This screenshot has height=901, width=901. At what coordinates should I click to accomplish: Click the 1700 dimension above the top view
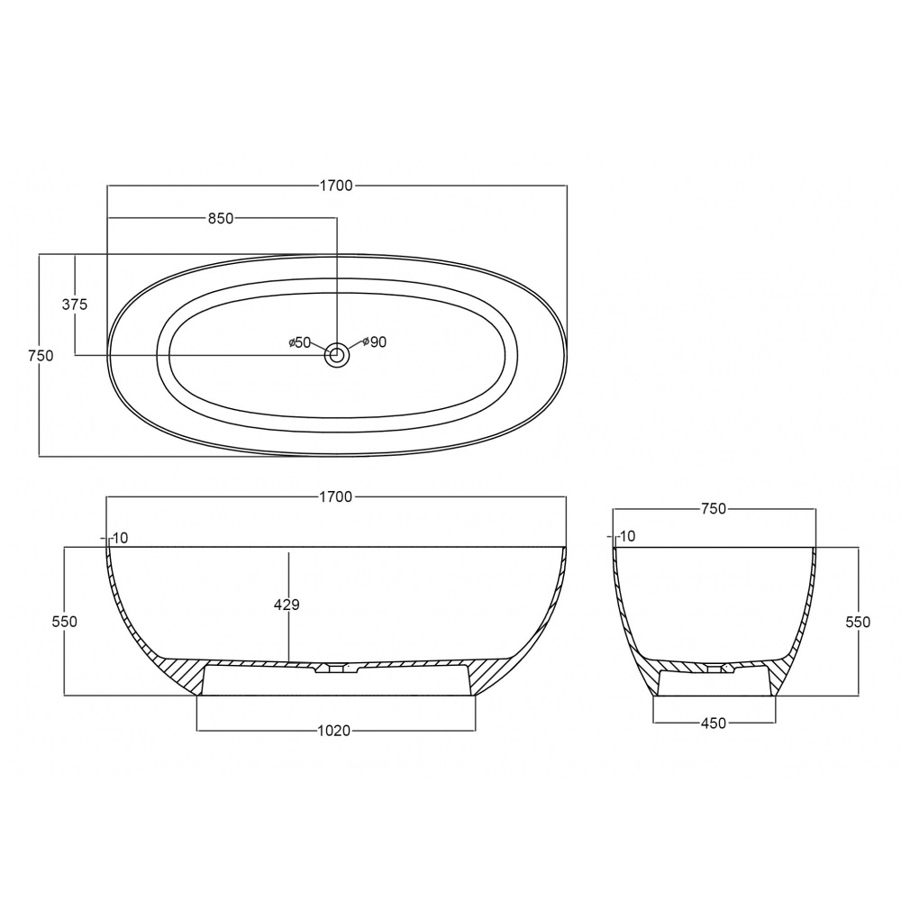pyautogui.click(x=336, y=186)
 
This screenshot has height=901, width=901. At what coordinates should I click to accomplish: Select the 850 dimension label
pyautogui.click(x=221, y=218)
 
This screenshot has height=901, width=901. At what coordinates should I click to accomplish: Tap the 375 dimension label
pyautogui.click(x=75, y=304)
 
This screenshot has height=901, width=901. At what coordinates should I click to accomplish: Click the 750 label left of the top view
pyautogui.click(x=41, y=356)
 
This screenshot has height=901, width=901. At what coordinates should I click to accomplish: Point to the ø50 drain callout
pyautogui.click(x=299, y=342)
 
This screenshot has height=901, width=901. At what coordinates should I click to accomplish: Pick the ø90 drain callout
pyautogui.click(x=375, y=341)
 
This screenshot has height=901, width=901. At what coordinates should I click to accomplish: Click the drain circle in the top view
pyautogui.click(x=337, y=356)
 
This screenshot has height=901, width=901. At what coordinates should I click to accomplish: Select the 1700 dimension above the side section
pyautogui.click(x=335, y=496)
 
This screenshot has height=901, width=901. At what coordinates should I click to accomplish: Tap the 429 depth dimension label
pyautogui.click(x=287, y=605)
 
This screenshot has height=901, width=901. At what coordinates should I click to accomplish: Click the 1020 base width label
pyautogui.click(x=334, y=731)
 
